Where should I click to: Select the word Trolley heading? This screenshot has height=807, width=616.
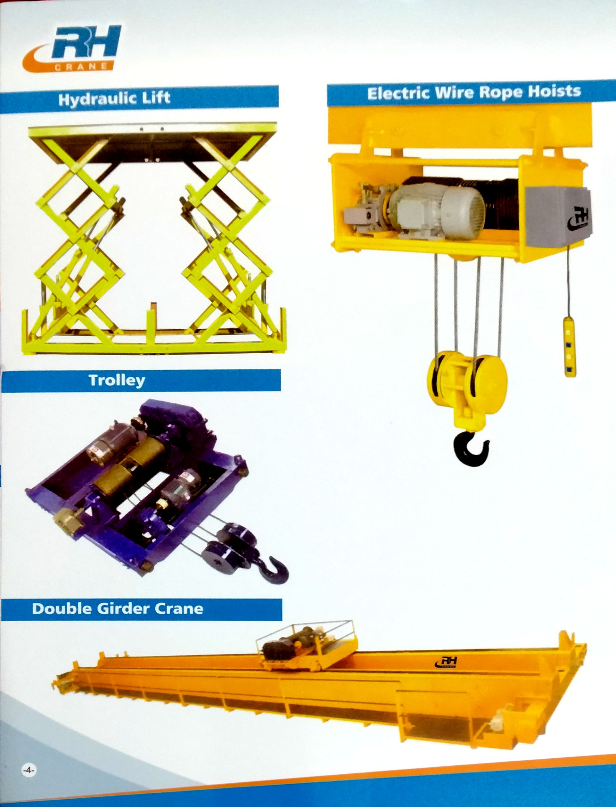[117, 381]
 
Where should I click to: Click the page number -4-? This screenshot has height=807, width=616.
[28, 771]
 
